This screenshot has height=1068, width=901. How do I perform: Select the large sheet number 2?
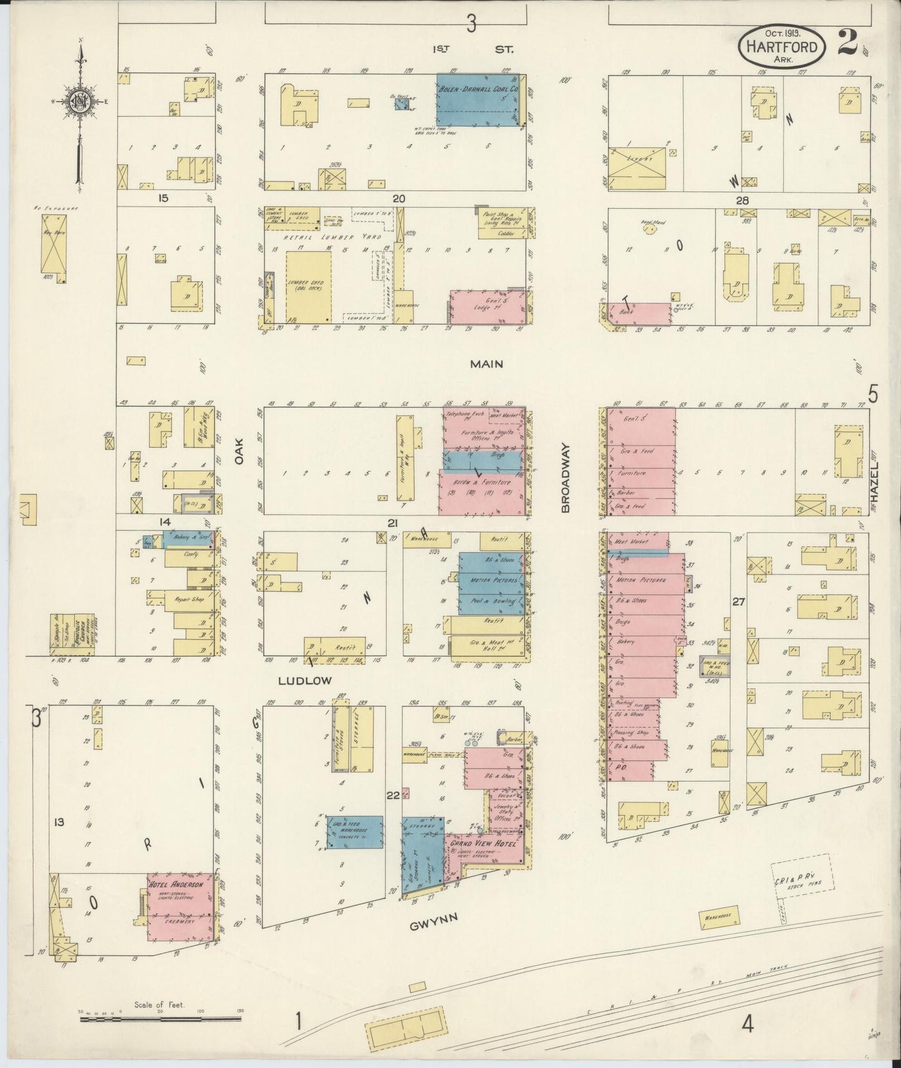point(847,43)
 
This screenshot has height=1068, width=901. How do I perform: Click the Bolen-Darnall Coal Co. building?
point(478,100)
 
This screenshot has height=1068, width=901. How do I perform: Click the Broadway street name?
point(566,478)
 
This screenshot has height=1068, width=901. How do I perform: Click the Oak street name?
point(239,448)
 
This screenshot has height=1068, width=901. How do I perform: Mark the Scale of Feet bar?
point(160,1019)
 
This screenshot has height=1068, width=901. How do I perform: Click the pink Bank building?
point(639,313)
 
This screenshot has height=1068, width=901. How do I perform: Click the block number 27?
point(739,602)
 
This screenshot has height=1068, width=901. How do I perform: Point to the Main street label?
point(486,364)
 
